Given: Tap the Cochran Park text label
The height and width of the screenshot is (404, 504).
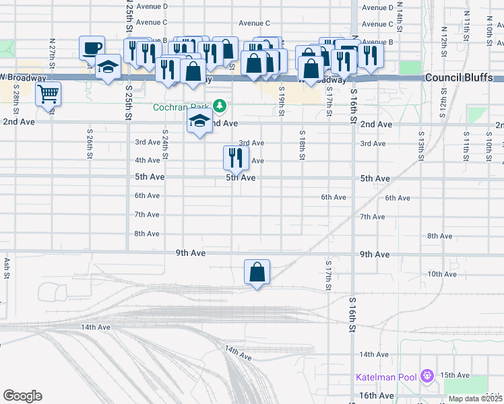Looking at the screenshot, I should (x=181, y=106).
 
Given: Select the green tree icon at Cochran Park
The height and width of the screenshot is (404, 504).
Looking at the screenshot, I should (x=219, y=106).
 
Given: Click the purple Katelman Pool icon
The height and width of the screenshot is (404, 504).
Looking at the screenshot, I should (x=426, y=375).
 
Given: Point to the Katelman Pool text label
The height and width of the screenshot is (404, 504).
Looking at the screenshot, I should (x=387, y=376).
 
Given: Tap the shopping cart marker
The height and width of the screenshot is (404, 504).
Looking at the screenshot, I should (x=49, y=94).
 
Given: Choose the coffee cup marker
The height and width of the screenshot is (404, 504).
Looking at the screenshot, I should (x=92, y=48).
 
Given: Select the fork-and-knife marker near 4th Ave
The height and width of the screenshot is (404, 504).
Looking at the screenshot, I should (x=235, y=158).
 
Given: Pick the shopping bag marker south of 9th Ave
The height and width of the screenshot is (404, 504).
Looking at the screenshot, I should (x=257, y=273).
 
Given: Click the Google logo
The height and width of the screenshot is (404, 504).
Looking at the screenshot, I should (x=22, y=395).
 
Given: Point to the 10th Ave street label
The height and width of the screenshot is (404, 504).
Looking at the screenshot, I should (x=442, y=274).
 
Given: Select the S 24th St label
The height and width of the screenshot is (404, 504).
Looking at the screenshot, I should (x=165, y=146).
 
